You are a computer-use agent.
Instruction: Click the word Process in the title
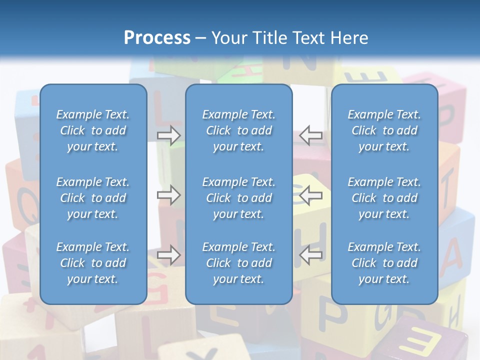(x=157, y=38)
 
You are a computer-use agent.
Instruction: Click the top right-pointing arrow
(x=168, y=135)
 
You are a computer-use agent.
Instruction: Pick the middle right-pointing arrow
(x=168, y=195)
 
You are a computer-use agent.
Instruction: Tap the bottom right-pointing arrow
(x=168, y=255)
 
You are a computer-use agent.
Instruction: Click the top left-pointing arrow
(x=311, y=135)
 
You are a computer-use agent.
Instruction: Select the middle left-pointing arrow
(x=311, y=195)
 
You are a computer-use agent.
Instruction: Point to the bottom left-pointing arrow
(x=311, y=255)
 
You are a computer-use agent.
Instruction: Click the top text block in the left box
(x=93, y=130)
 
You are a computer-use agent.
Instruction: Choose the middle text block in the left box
(x=93, y=198)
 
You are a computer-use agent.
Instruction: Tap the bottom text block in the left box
(x=93, y=263)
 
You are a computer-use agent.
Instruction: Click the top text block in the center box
(x=239, y=130)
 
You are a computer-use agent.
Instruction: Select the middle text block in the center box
(x=239, y=198)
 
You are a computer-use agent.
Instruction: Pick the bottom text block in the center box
(x=239, y=263)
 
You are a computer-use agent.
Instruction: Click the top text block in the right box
(x=384, y=130)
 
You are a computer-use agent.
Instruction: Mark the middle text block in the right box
(x=384, y=198)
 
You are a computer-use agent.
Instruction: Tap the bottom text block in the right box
(x=384, y=263)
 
